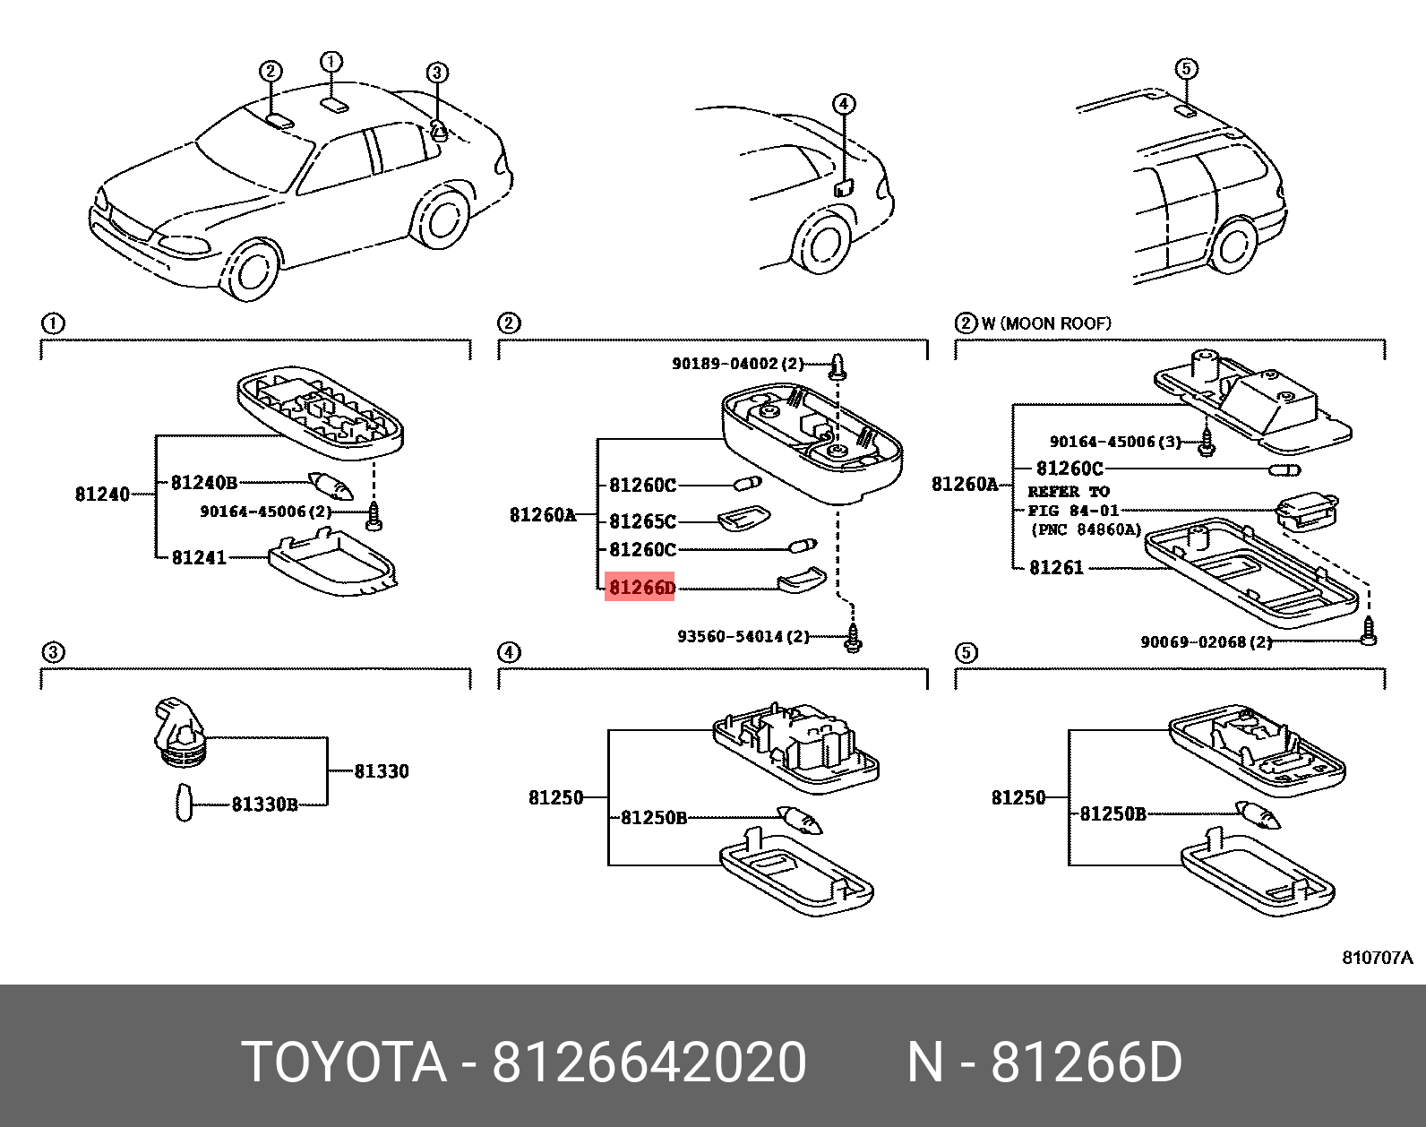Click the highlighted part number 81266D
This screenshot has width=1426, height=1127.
tap(640, 588)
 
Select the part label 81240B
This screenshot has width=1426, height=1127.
tap(204, 483)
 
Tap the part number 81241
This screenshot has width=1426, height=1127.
tap(199, 557)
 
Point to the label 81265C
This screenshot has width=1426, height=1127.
tap(642, 521)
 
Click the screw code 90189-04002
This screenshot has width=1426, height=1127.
tap(726, 364)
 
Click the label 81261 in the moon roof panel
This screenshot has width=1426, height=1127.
tap(1056, 568)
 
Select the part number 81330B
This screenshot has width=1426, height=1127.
tap(264, 804)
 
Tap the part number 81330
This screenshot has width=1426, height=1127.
tap(382, 771)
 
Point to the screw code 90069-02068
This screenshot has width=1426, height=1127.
tap(1194, 642)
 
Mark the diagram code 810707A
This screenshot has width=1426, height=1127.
tap(1377, 958)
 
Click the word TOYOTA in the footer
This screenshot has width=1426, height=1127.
tap(344, 1062)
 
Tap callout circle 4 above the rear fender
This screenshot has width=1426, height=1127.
tap(844, 104)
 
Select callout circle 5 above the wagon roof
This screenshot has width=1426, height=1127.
tap(1185, 69)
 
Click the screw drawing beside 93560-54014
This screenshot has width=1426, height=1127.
tap(853, 639)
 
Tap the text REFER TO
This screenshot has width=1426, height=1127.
tap(1069, 492)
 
